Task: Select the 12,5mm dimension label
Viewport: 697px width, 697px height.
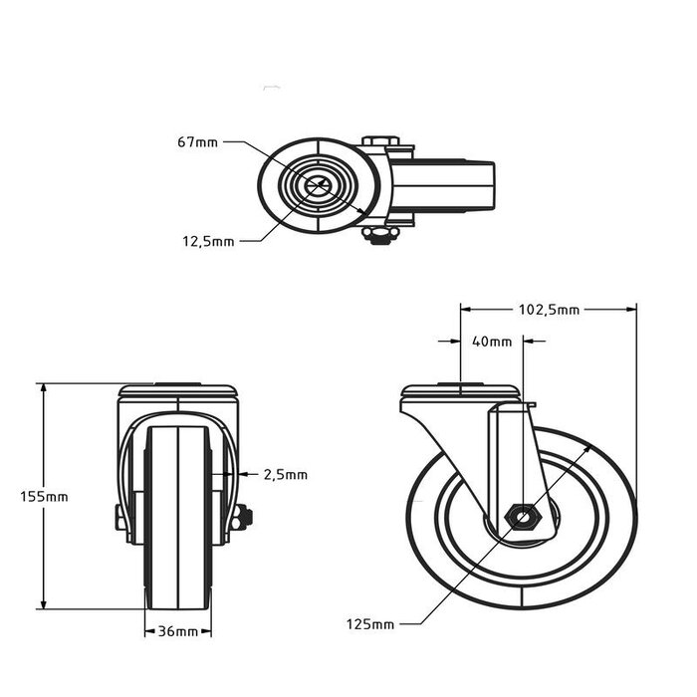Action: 209,240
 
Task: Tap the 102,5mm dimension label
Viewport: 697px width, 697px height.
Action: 549,310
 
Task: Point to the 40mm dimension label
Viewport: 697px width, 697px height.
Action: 491,342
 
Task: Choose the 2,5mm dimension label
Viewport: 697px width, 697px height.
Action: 286,475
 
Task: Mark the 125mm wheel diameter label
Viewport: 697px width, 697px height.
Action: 371,624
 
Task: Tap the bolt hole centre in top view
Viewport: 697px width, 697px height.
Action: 318,185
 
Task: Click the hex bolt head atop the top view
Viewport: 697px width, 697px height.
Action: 382,141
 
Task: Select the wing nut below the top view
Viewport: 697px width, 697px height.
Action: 379,235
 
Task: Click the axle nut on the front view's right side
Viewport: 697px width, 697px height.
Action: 242,517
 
